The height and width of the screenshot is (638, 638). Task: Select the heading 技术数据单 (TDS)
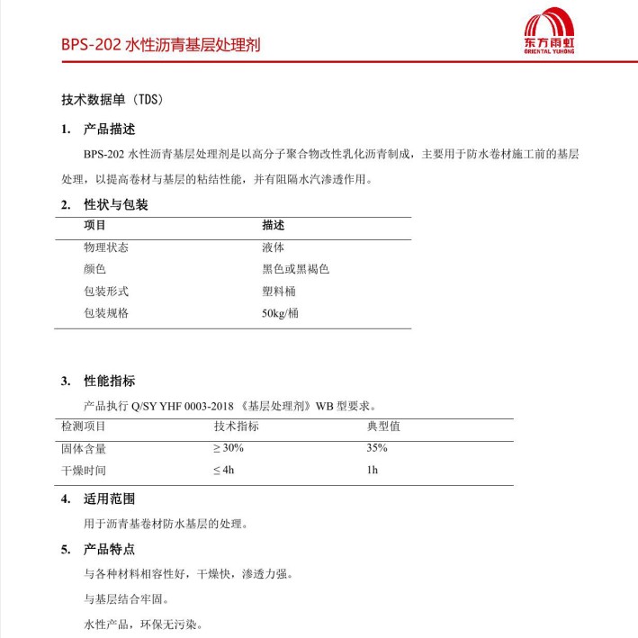[x=112, y=99]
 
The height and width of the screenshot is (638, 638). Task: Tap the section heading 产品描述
[x=110, y=129]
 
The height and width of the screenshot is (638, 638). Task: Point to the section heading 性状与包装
[x=116, y=204]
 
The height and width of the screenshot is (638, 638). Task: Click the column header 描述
[x=274, y=225]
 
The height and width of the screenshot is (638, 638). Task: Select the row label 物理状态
[x=106, y=247]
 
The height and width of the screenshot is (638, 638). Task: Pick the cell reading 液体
[x=274, y=247]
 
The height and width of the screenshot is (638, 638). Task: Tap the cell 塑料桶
[x=279, y=291]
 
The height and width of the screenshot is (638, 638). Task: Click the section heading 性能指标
[x=110, y=381]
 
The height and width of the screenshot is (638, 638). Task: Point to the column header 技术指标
[x=236, y=426]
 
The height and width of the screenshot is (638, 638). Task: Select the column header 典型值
[x=383, y=426]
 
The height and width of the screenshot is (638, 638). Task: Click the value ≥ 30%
[x=229, y=447]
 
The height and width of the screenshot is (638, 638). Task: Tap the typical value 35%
[x=377, y=447]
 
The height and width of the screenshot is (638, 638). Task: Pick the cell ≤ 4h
[x=224, y=470]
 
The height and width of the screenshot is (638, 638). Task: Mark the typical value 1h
[x=373, y=470]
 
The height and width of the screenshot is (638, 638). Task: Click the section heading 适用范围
[x=110, y=499]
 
